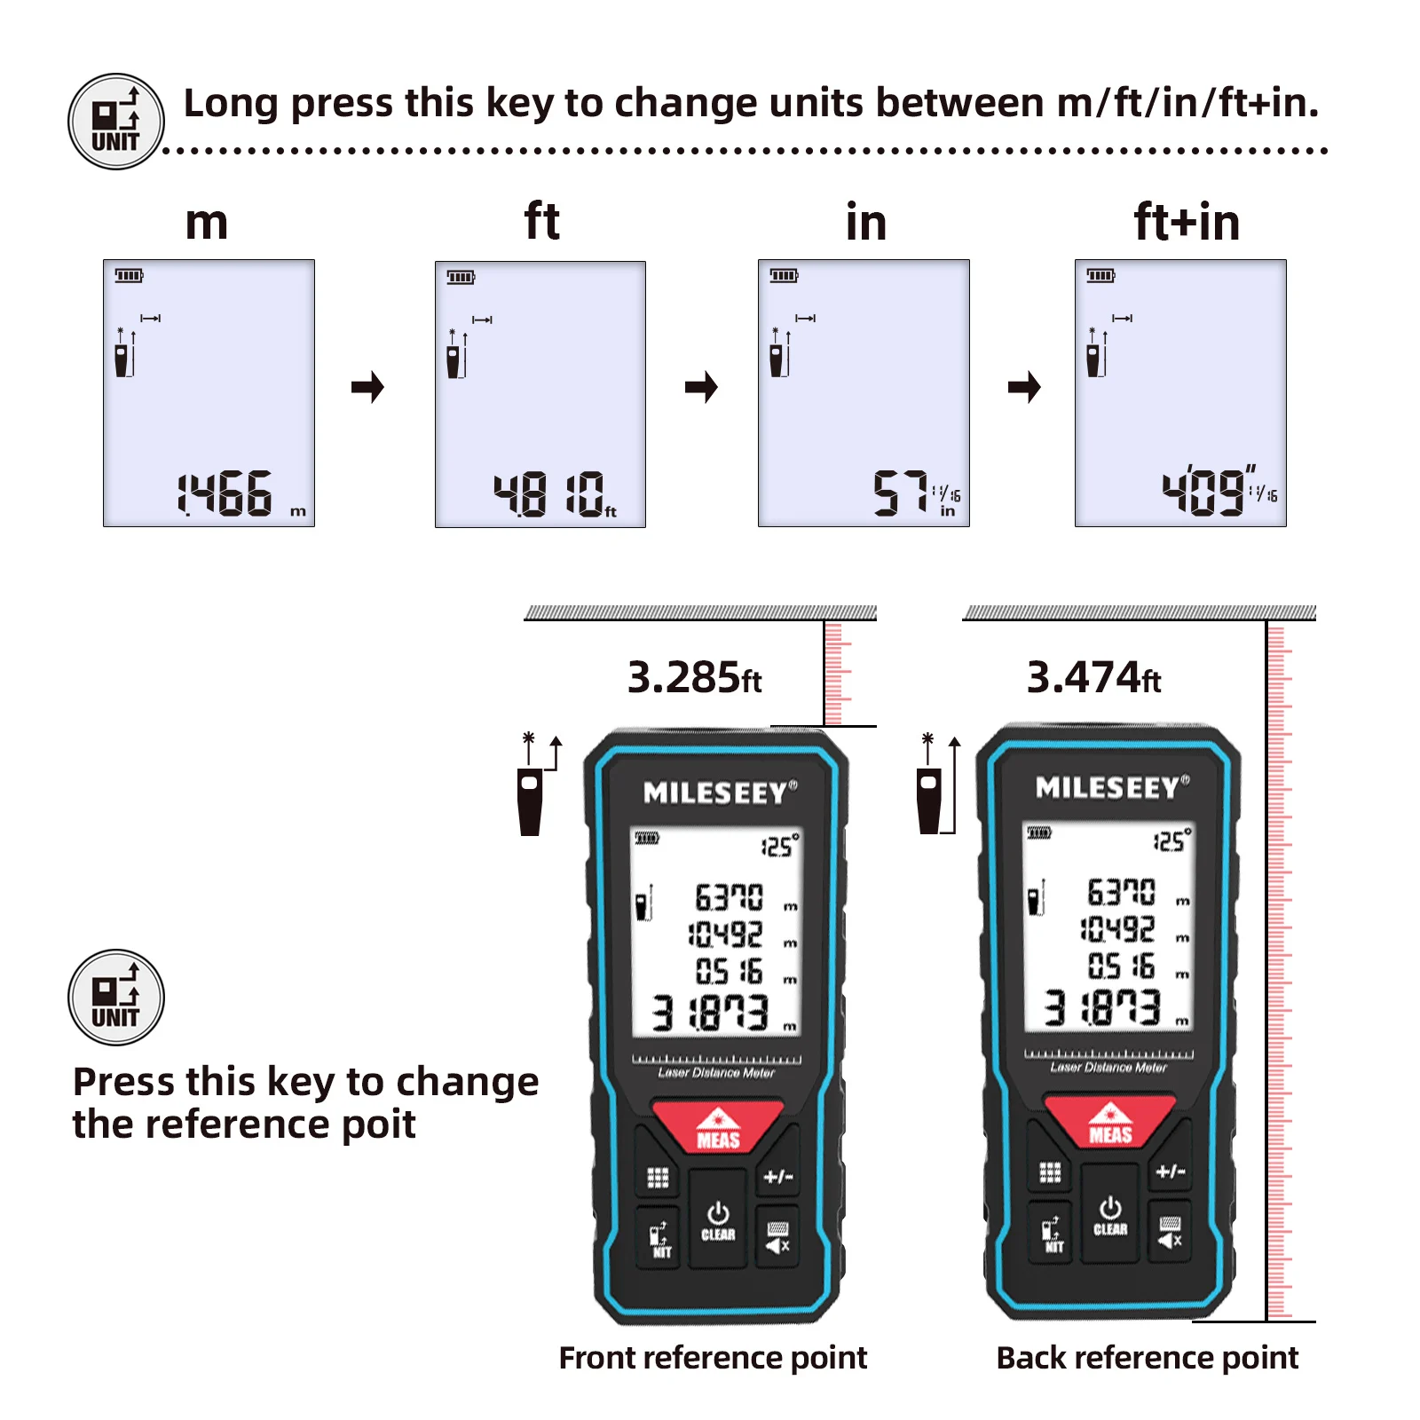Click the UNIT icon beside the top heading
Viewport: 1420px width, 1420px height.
(116, 122)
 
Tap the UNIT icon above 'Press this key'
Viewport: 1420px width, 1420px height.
(116, 998)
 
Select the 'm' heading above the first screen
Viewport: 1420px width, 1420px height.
(207, 222)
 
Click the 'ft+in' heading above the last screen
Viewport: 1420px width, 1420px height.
(1187, 222)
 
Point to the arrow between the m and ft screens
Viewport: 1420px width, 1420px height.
(367, 387)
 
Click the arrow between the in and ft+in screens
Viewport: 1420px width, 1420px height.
(1024, 387)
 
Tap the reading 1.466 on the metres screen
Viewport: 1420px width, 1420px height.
(225, 493)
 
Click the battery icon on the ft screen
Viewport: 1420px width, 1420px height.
(461, 278)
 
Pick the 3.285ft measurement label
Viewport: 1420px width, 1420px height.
(694, 678)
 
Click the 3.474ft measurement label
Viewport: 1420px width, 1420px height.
(1093, 678)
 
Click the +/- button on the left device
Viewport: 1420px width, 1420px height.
(778, 1177)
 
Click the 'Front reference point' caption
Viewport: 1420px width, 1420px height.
(713, 1358)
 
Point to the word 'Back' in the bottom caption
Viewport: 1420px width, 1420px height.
(1029, 1358)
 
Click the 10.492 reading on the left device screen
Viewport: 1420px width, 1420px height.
(726, 934)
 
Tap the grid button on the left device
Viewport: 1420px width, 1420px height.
(658, 1178)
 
